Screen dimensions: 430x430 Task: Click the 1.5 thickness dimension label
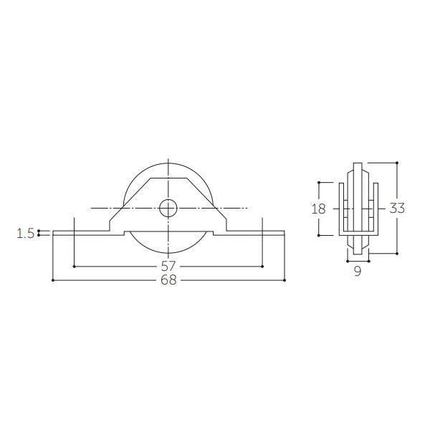[26, 234]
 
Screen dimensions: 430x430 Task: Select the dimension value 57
[168, 267]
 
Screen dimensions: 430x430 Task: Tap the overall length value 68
[168, 280]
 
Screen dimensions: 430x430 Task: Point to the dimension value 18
[319, 209]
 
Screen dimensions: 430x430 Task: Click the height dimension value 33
[397, 209]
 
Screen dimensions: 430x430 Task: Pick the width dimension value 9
[358, 271]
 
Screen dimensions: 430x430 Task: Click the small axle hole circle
[168, 208]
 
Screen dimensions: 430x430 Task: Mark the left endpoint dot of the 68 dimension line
[53, 280]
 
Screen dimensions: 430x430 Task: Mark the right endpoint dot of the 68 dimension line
[285, 280]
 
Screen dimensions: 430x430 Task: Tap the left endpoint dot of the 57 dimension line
[74, 267]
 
